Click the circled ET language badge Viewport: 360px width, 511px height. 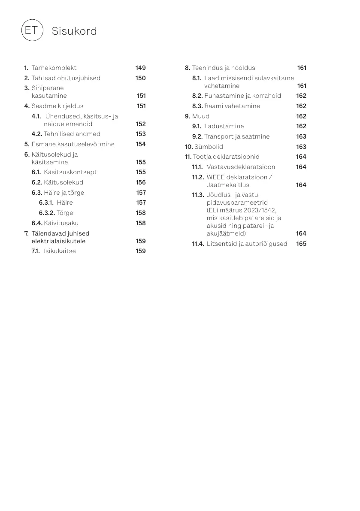pyautogui.click(x=32, y=30)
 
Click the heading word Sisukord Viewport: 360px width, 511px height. pyautogui.click(x=74, y=31)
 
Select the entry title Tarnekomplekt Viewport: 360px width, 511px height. pyautogui.click(x=54, y=68)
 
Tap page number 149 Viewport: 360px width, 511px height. pyautogui.click(x=140, y=68)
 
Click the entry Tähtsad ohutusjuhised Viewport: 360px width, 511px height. pyautogui.click(x=66, y=78)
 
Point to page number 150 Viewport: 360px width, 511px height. pyautogui.click(x=140, y=78)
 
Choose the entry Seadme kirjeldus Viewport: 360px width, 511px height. pyautogui.click(x=57, y=106)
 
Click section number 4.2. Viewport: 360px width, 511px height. pyautogui.click(x=37, y=134)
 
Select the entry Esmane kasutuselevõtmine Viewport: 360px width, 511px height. pyautogui.click(x=73, y=144)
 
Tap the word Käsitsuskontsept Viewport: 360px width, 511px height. pyautogui.click(x=70, y=172)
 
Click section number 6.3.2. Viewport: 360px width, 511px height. pyautogui.click(x=47, y=213)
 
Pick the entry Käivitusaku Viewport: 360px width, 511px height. pyautogui.click(x=61, y=223)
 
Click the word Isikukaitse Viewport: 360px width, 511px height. pyautogui.click(x=60, y=251)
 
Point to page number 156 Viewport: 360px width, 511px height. pyautogui.click(x=140, y=182)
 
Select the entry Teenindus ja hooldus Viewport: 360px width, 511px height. pyautogui.click(x=223, y=68)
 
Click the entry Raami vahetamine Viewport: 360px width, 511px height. pyautogui.click(x=232, y=106)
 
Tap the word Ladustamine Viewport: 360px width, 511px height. pyautogui.click(x=224, y=126)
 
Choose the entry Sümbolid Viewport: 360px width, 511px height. pyautogui.click(x=209, y=147)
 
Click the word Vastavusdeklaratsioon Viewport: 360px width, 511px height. pyautogui.click(x=241, y=167)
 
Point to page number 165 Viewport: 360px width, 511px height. pyautogui.click(x=301, y=244)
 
